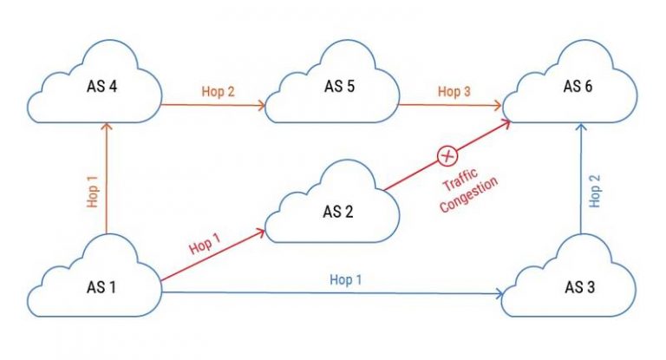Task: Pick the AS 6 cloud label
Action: click(578, 87)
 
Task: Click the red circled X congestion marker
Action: click(447, 156)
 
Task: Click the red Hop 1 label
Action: click(206, 248)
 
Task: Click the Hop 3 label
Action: click(454, 91)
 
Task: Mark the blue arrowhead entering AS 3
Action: click(500, 295)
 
